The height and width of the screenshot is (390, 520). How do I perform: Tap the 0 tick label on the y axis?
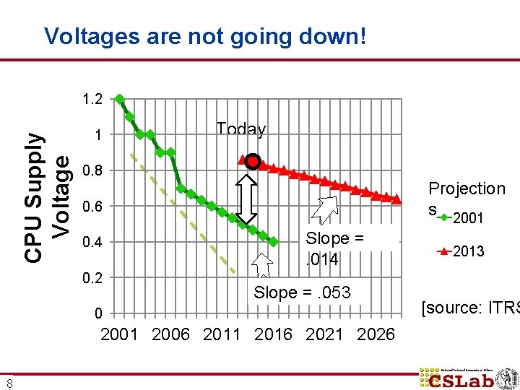pos(97,313)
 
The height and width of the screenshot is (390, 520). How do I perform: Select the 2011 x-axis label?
pos(222,334)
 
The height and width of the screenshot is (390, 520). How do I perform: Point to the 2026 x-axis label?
pos(376,334)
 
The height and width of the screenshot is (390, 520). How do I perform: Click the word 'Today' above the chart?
pos(241,129)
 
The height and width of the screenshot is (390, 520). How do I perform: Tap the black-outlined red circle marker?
pos(252,161)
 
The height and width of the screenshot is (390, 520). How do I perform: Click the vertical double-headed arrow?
pos(248,199)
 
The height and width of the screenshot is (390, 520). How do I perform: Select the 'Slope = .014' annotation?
pos(334,248)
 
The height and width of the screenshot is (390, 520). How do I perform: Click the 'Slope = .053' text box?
pos(302,292)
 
